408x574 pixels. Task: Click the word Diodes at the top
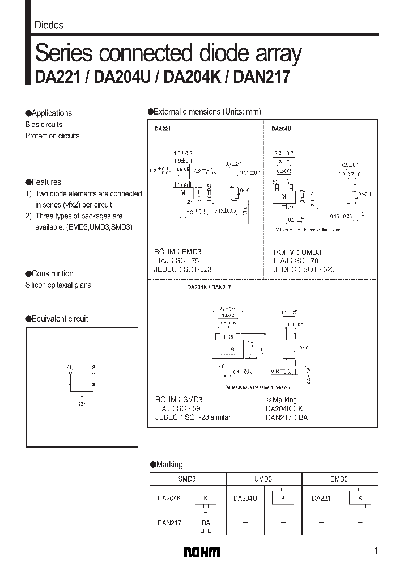point(49,25)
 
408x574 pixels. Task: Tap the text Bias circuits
point(44,124)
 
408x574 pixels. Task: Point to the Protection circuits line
point(52,136)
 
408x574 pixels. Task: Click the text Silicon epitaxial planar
point(59,285)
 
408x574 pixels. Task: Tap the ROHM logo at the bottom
point(202,552)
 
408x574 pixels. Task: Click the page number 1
point(377,551)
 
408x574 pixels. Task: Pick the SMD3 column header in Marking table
point(188,479)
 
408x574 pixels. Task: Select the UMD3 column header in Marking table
point(263,479)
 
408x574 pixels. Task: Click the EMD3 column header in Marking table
point(339,479)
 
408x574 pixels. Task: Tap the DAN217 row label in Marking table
point(169,523)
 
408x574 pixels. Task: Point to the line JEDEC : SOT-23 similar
point(192,417)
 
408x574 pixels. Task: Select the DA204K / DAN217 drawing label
point(209,288)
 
